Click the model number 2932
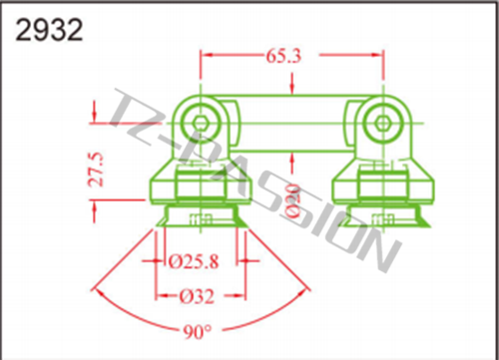pyautogui.click(x=49, y=30)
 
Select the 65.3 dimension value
pyautogui.click(x=283, y=56)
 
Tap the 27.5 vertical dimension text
pyautogui.click(x=97, y=170)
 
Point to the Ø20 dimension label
pyautogui.click(x=293, y=201)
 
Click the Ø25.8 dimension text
pyautogui.click(x=194, y=261)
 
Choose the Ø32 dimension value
pyautogui.click(x=197, y=296)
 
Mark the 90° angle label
pyautogui.click(x=198, y=331)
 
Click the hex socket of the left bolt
pyautogui.click(x=200, y=124)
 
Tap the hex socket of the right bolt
pyautogui.click(x=382, y=124)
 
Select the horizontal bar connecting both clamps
pyautogui.click(x=291, y=124)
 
